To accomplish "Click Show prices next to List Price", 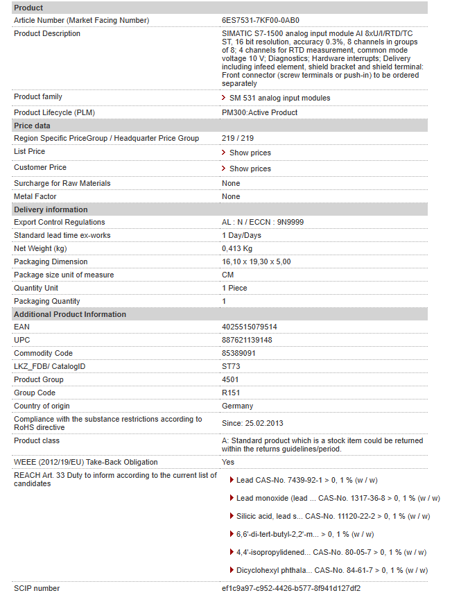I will (x=250, y=153).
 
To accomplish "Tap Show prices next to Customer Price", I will (x=250, y=169).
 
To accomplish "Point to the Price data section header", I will (x=32, y=126).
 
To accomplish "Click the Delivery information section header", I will (x=51, y=209).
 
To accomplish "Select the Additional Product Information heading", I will (x=70, y=314).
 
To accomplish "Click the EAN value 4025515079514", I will (x=250, y=327).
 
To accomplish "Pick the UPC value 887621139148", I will (x=247, y=340).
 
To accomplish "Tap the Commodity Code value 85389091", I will (x=239, y=353).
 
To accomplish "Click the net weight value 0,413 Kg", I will (x=237, y=248).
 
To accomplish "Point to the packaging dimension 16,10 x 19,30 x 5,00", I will (x=257, y=261).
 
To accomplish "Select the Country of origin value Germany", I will (x=238, y=406).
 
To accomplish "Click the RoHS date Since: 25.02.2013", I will (x=252, y=423).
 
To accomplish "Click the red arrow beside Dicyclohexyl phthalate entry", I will (x=231, y=570).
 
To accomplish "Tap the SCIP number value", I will (x=291, y=588).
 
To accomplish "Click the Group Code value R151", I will (x=231, y=393).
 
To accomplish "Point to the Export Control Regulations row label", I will (x=60, y=222).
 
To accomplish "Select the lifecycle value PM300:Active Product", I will (x=260, y=112).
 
